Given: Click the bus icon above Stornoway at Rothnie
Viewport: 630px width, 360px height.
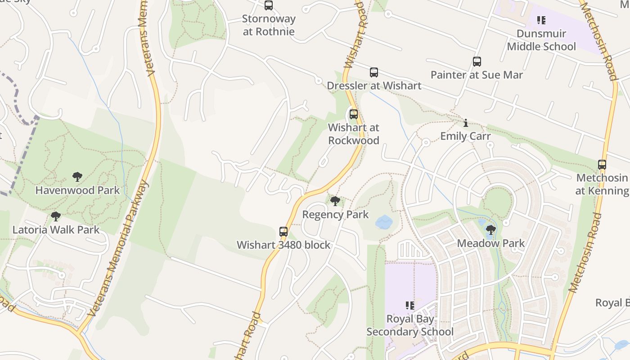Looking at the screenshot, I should (x=269, y=5).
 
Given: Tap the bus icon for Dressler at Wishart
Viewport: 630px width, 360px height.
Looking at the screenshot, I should (x=373, y=72).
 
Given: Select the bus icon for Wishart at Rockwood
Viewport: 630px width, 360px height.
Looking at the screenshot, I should (x=354, y=114).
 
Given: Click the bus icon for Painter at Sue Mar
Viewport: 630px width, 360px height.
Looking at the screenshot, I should (x=477, y=62).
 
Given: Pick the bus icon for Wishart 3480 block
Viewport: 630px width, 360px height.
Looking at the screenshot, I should (x=283, y=232).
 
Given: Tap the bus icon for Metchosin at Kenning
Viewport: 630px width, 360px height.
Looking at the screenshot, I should (x=602, y=165).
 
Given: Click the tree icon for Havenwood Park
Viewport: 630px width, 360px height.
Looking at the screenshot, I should (x=77, y=177).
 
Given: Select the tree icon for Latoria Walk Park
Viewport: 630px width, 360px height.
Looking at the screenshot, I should (x=56, y=216).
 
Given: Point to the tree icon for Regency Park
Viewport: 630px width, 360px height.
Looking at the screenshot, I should (x=335, y=201).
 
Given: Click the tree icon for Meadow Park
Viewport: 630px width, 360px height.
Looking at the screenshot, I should (x=491, y=230).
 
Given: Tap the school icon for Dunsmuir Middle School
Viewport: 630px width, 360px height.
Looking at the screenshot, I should (x=541, y=20).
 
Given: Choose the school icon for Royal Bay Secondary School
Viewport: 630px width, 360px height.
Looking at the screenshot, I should (x=410, y=306).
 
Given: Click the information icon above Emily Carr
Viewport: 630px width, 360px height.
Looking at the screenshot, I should (x=466, y=123).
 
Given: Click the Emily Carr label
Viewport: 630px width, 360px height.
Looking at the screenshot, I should (x=465, y=136).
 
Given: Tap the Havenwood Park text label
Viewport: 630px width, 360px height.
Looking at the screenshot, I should (x=77, y=190).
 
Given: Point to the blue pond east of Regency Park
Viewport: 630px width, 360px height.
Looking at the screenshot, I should (x=384, y=221).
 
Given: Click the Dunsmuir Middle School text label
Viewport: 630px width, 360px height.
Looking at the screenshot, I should (x=541, y=40).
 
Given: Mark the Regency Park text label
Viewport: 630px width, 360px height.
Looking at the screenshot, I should (x=335, y=215).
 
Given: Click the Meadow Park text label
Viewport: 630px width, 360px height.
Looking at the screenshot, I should (x=491, y=243).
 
